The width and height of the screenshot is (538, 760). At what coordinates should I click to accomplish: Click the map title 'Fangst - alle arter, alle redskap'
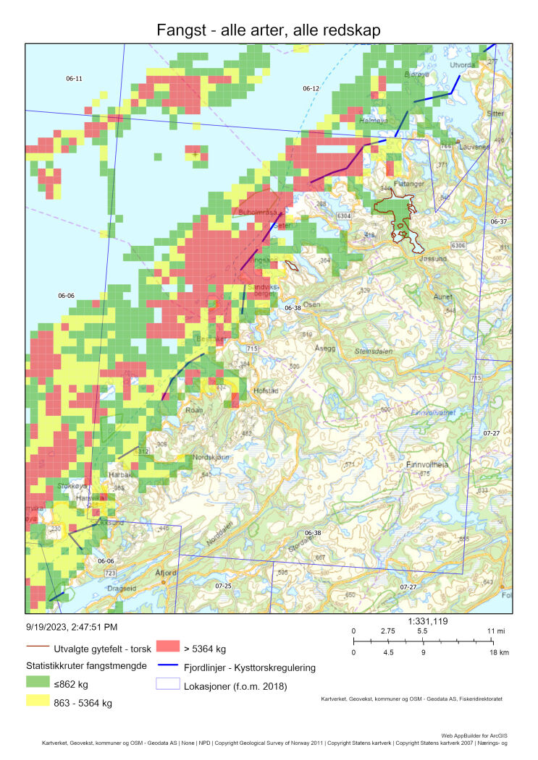tap(269, 30)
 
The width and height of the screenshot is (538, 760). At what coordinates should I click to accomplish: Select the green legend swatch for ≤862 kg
tap(39, 682)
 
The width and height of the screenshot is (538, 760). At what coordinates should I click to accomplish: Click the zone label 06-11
tap(74, 78)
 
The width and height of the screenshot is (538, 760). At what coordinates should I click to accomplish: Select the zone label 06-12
tap(311, 88)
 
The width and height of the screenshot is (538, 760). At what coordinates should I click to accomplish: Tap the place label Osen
tap(311, 304)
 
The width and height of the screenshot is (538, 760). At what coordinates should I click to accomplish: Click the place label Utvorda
tap(464, 65)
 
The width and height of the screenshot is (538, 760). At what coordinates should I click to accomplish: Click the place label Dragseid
tap(121, 588)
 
